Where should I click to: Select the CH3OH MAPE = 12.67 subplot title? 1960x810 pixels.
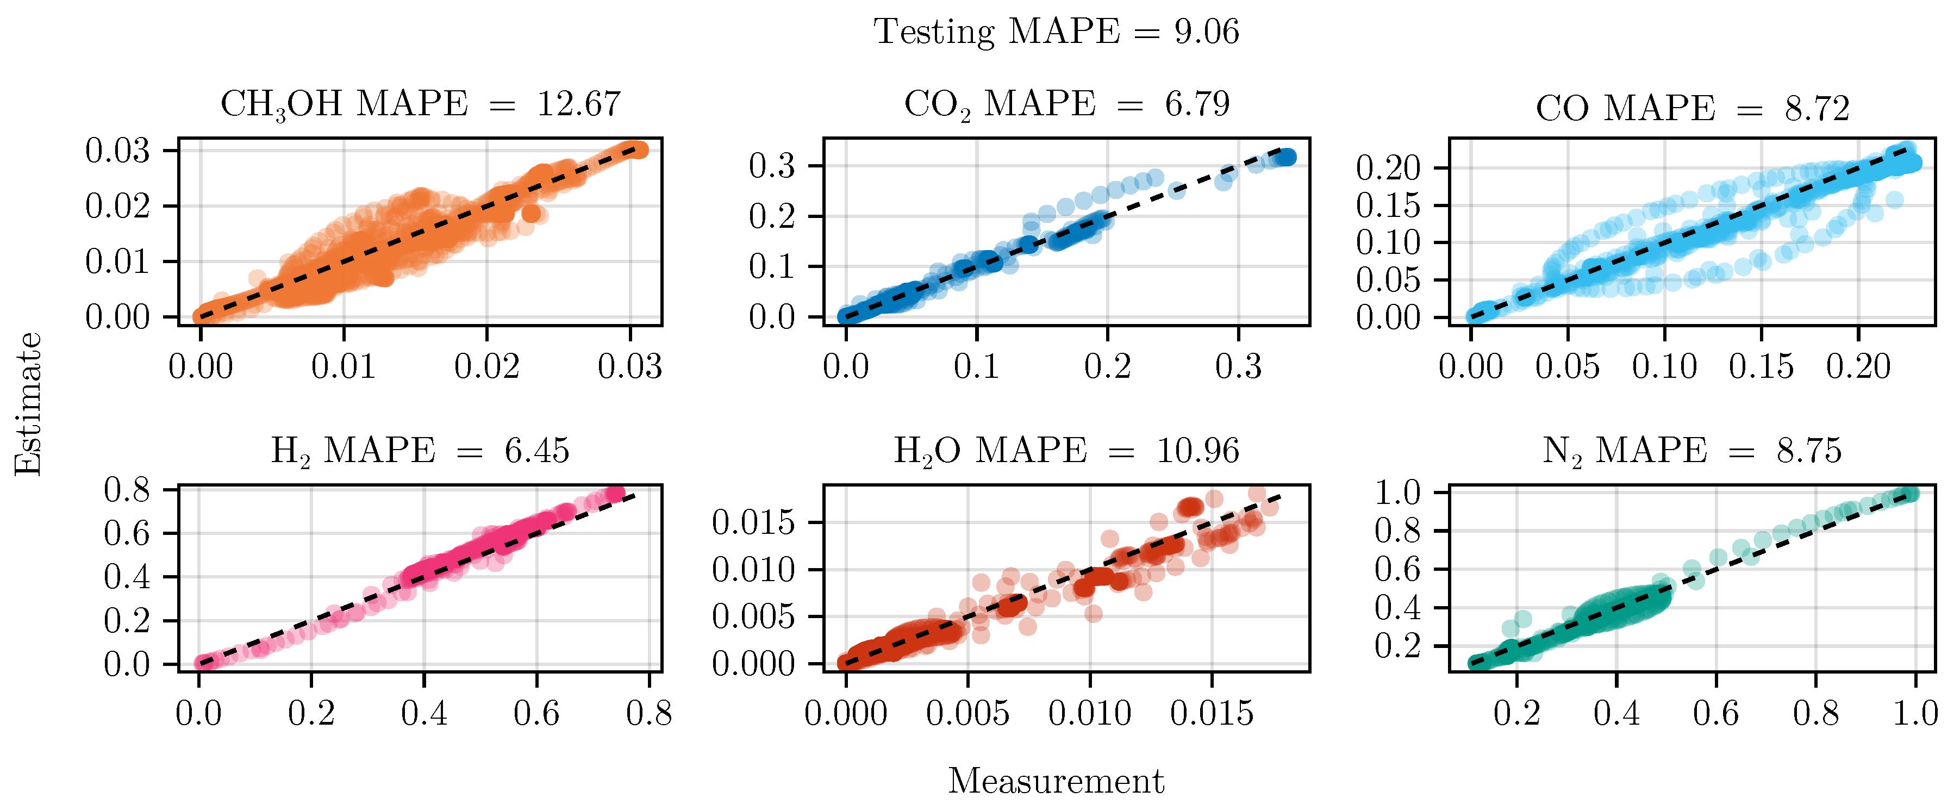420,104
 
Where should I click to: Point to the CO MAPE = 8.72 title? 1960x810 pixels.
1691,109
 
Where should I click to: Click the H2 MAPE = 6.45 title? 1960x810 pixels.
420,451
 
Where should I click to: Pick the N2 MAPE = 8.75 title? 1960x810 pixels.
1691,451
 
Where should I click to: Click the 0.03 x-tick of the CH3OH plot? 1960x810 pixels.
629,367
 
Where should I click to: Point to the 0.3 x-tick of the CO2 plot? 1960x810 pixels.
1238,367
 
